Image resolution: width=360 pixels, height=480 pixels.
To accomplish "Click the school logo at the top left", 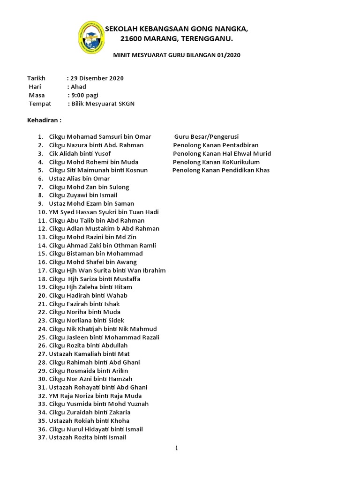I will (91, 36).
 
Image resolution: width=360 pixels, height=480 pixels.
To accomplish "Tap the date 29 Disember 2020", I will (97, 78).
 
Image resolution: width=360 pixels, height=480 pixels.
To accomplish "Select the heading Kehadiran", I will (44, 120).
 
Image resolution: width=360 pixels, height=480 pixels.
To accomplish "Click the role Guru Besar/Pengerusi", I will (207, 137).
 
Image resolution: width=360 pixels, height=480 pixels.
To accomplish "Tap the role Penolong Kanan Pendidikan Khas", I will (221, 170).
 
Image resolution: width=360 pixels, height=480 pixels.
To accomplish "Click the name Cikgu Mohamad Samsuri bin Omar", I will (100, 137).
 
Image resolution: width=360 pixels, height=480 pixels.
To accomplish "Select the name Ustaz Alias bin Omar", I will (79, 179).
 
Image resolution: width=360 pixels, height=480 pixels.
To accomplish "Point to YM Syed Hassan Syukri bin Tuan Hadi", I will (104, 212).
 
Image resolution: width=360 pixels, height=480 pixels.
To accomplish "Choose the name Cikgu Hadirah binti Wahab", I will (88, 295).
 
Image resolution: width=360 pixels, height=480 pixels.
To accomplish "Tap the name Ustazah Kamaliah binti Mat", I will (90, 354).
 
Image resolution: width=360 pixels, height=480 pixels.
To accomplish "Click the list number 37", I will (42, 437).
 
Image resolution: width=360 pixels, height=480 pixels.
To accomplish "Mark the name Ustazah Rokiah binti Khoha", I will (89, 421).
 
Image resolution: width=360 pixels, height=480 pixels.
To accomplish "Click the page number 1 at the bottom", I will (177, 449).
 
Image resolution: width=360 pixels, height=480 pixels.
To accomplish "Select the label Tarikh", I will (36, 78).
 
